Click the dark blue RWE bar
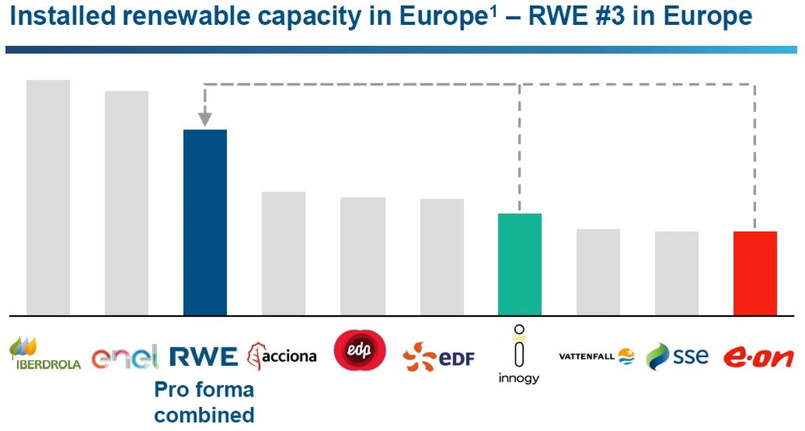pos(205,222)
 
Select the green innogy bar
pos(520,264)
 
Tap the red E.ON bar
pos(755,273)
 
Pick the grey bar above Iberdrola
pos(48,197)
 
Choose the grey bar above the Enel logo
pos(126,203)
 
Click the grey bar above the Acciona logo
pos(283,253)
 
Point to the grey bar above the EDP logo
pos(362,256)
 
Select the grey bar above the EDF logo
pos(442,257)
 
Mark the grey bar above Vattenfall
pos(598,272)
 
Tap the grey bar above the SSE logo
pos(676,273)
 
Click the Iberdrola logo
pos(45,355)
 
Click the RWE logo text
pos(204,356)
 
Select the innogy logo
pos(518,355)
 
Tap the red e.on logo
pos(758,357)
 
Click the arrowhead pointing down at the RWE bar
pos(204,120)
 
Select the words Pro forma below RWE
pos(204,390)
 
